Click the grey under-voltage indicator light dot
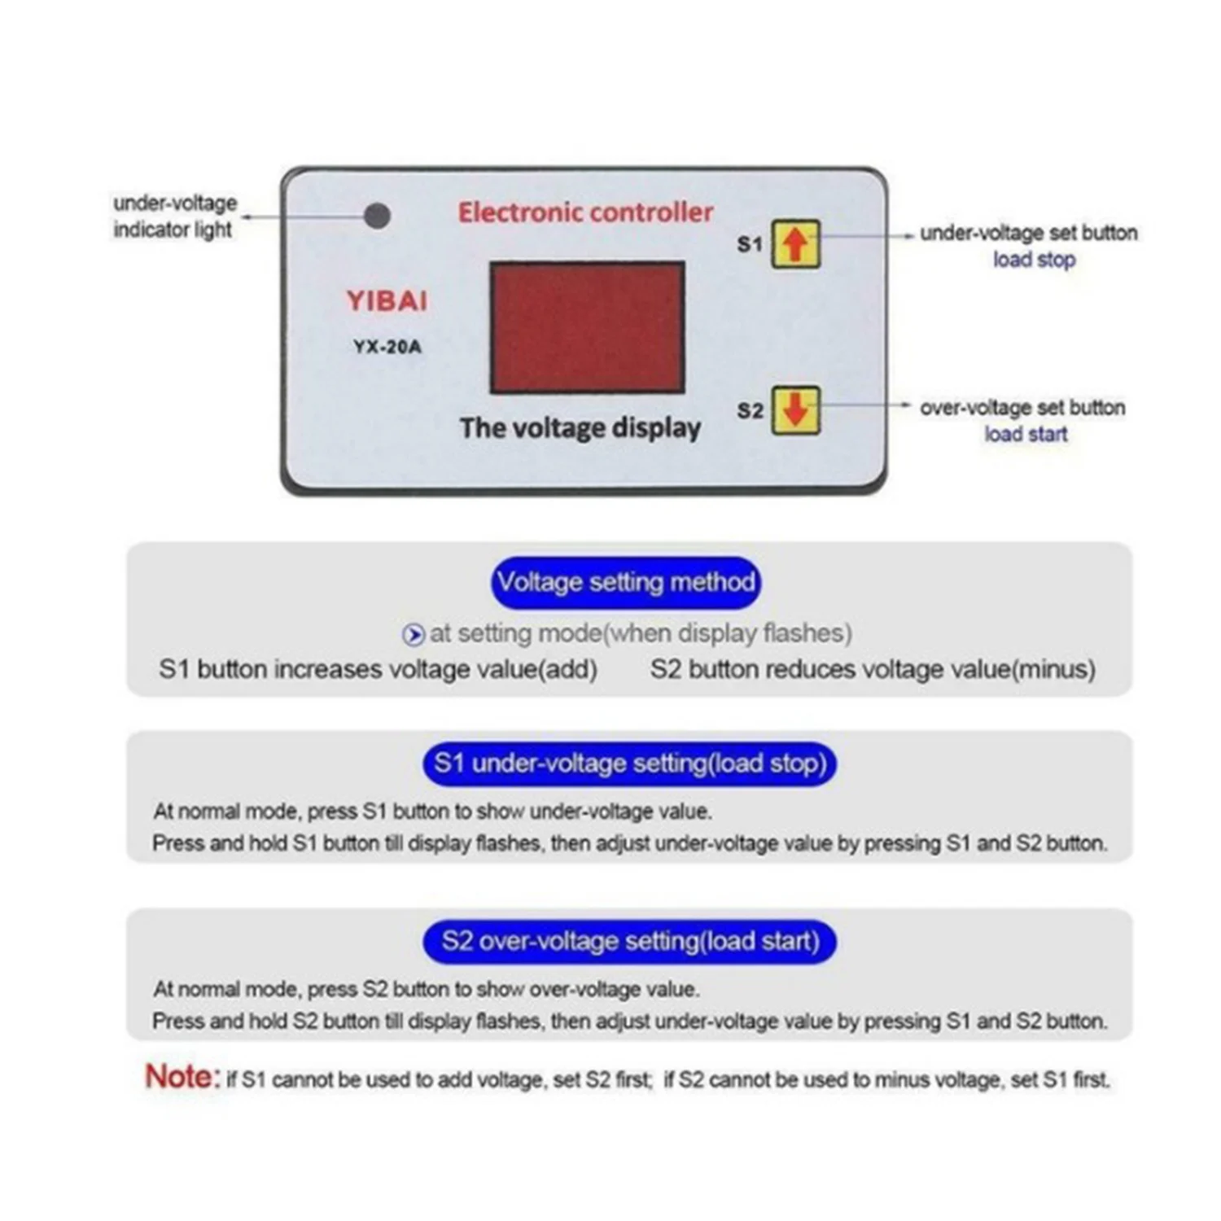pyautogui.click(x=377, y=216)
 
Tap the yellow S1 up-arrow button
pyautogui.click(x=795, y=244)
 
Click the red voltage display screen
pyautogui.click(x=587, y=327)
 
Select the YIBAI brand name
pyautogui.click(x=387, y=301)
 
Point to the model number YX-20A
pyautogui.click(x=387, y=347)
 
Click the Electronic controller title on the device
pyautogui.click(x=585, y=212)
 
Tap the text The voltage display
pyautogui.click(x=580, y=428)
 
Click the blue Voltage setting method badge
pyautogui.click(x=625, y=582)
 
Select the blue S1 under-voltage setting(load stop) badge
pyautogui.click(x=629, y=764)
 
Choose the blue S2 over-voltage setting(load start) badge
pyautogui.click(x=629, y=941)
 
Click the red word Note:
pyautogui.click(x=182, y=1077)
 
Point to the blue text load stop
pyautogui.click(x=1034, y=260)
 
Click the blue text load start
pyautogui.click(x=1026, y=434)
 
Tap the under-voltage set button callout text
pyautogui.click(x=1028, y=233)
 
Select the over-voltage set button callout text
pyautogui.click(x=1022, y=407)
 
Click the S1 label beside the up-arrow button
pyautogui.click(x=750, y=244)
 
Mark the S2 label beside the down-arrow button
pyautogui.click(x=750, y=410)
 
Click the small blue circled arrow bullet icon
pyautogui.click(x=414, y=634)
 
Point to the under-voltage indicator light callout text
pyautogui.click(x=174, y=216)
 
